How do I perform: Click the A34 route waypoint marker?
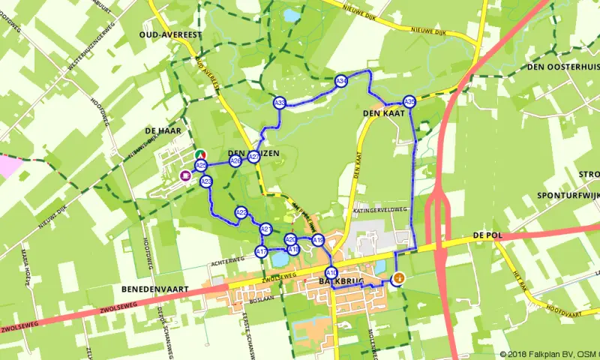340,81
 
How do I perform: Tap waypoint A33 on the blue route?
280,103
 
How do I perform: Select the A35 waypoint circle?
409,101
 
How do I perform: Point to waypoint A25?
200,165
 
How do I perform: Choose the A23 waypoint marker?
206,181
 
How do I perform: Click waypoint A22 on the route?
241,213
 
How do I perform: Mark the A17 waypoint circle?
261,252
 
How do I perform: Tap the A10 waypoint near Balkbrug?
331,272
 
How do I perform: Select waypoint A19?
318,241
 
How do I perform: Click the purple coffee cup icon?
184,175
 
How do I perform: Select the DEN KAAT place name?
383,113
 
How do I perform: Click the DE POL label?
487,235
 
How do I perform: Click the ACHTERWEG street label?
228,260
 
